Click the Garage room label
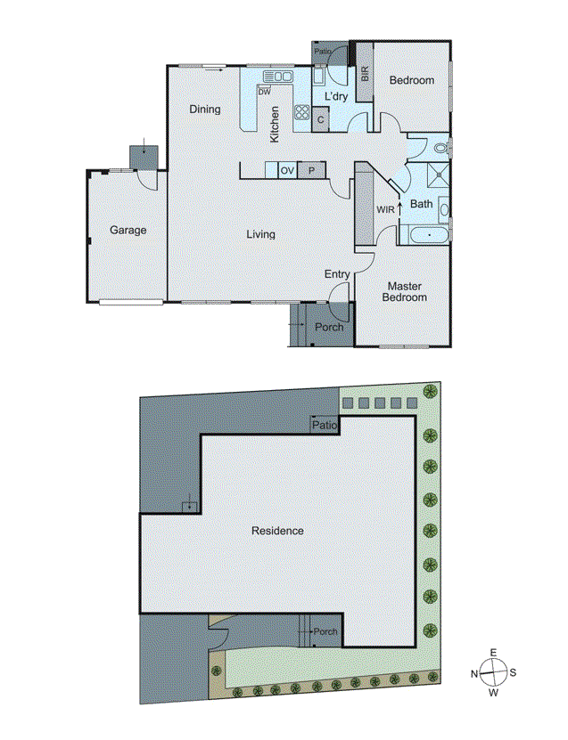pyautogui.click(x=128, y=230)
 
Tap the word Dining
pyautogui.click(x=204, y=110)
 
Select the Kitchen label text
pyautogui.click(x=276, y=124)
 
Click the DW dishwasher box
pyautogui.click(x=264, y=91)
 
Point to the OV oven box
pyautogui.click(x=287, y=170)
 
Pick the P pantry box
pyautogui.click(x=312, y=170)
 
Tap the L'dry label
pyautogui.click(x=335, y=95)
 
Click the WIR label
pyautogui.click(x=385, y=209)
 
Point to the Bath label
pyautogui.click(x=422, y=204)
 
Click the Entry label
pyautogui.click(x=337, y=274)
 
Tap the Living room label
pyautogui.click(x=261, y=234)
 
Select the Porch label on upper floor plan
pyautogui.click(x=330, y=327)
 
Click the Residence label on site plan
pyautogui.click(x=277, y=531)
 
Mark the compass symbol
pyautogui.click(x=493, y=672)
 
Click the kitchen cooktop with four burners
pyautogui.click(x=302, y=113)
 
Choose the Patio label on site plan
pyautogui.click(x=324, y=426)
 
